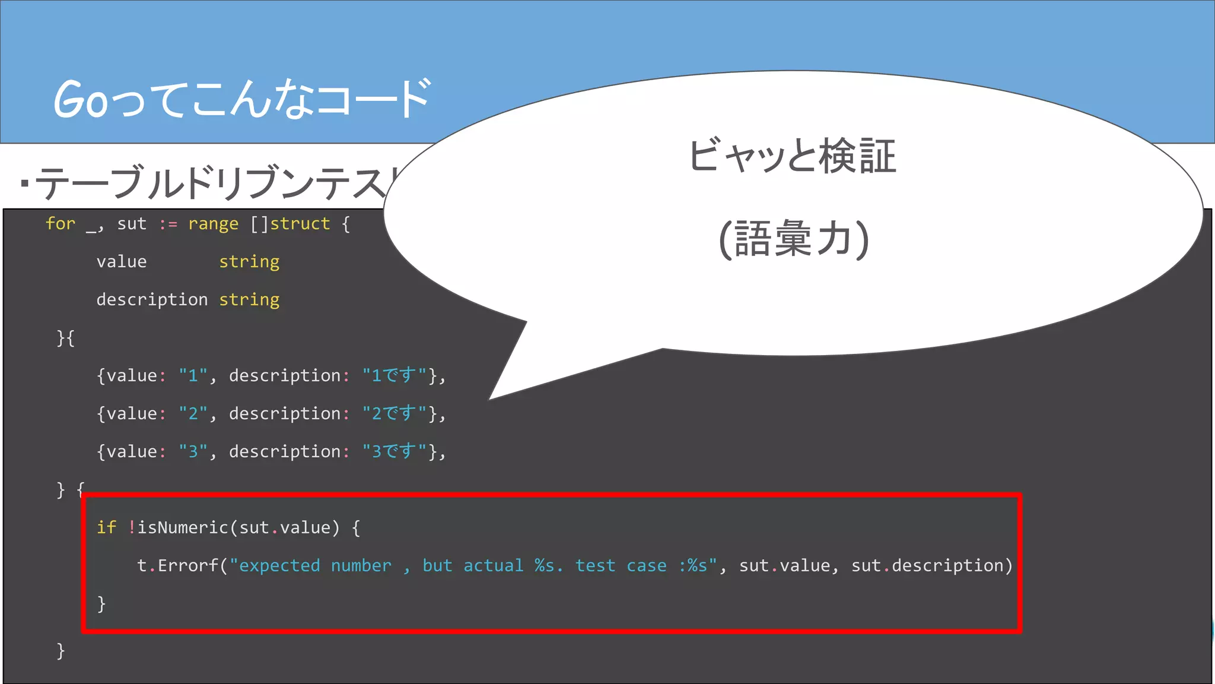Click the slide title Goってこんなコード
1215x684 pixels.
tap(242, 99)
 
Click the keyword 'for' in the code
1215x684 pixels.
tap(61, 224)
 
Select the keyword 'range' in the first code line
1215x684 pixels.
tap(213, 224)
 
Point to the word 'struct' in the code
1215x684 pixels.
tap(300, 224)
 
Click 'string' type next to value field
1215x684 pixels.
tap(249, 262)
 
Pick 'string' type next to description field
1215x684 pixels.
tap(249, 300)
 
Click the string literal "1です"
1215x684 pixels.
tap(394, 375)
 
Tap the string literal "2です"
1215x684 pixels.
tap(394, 413)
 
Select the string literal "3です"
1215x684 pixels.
tap(394, 451)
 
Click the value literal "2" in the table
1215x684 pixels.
tap(193, 413)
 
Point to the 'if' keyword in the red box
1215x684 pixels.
tap(106, 527)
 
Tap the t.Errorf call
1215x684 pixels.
tap(178, 565)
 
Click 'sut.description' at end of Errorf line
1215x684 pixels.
tap(931, 565)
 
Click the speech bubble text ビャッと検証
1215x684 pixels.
tap(792, 157)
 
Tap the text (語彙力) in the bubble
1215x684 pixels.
tap(793, 239)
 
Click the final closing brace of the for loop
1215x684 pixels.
tap(61, 651)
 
